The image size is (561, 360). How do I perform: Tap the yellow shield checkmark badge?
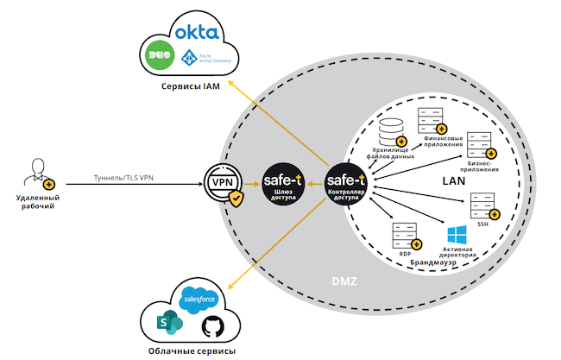[x=236, y=199]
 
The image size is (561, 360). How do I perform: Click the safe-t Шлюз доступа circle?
[x=282, y=183]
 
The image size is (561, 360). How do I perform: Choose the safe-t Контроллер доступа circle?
[x=346, y=183]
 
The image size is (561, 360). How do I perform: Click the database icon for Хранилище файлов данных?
[x=392, y=131]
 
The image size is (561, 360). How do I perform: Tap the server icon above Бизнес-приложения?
[x=480, y=142]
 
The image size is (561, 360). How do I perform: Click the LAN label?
[x=454, y=181]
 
